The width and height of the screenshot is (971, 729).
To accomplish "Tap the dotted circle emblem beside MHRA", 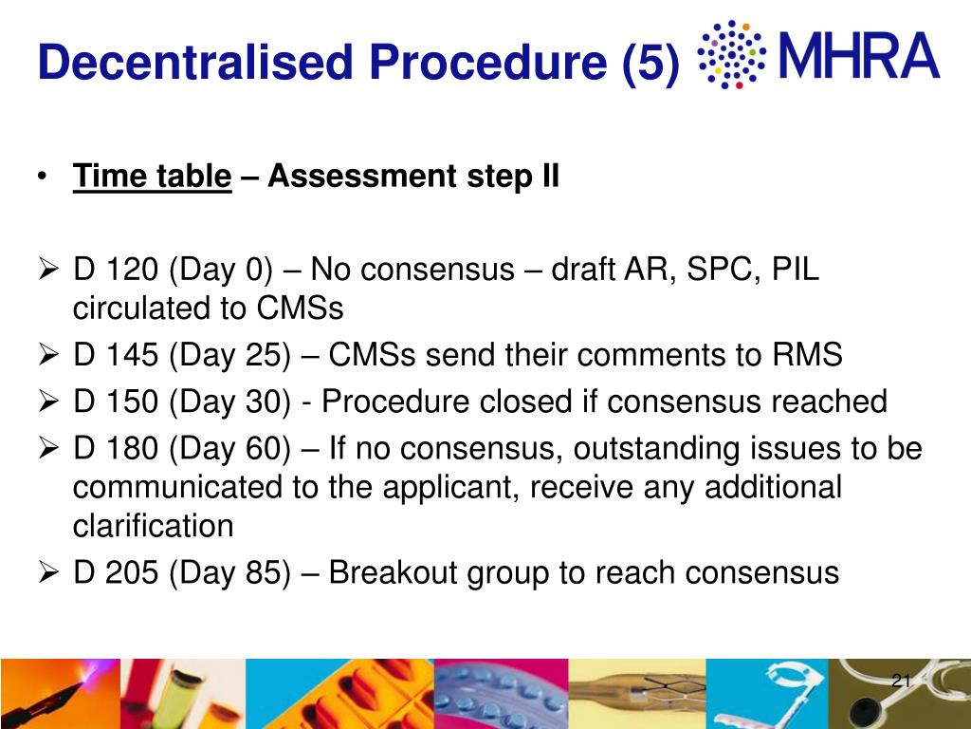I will (730, 55).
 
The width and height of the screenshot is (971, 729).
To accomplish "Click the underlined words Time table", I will (153, 177).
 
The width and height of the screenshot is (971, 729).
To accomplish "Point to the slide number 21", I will (901, 681).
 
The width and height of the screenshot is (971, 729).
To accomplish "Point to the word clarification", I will (153, 526).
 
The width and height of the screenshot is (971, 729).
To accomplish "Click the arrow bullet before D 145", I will (52, 356).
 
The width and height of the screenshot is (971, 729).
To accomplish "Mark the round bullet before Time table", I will (45, 178).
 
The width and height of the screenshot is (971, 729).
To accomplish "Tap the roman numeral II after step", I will (549, 177).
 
